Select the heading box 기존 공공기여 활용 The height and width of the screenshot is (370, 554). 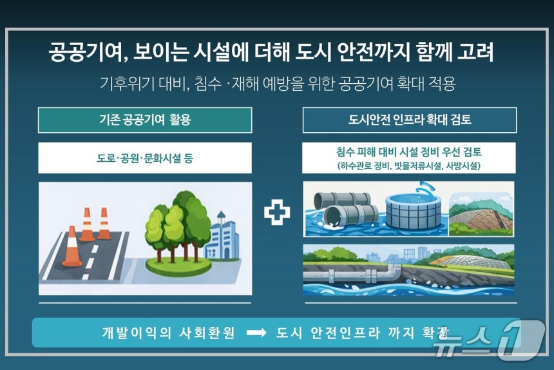[x=145, y=120]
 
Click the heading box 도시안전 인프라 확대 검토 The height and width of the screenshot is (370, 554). [x=409, y=120]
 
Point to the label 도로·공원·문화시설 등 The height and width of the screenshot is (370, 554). [x=145, y=158]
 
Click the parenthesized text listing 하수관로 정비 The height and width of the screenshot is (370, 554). [x=409, y=166]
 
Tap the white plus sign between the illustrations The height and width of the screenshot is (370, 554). [x=277, y=213]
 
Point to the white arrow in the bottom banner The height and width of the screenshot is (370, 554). [x=256, y=333]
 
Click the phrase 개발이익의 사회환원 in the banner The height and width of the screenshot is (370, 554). [x=168, y=333]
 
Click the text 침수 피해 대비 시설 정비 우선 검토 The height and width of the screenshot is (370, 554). [x=409, y=153]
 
